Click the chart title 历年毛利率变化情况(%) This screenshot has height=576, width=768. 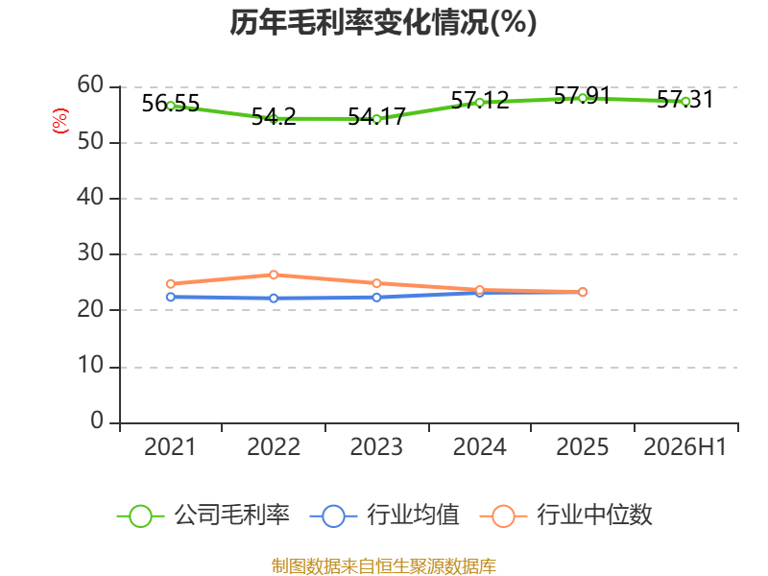[x=383, y=22]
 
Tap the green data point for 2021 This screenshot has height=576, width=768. [x=171, y=106]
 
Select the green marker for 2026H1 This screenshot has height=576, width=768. [x=685, y=102]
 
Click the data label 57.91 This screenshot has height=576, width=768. [x=582, y=95]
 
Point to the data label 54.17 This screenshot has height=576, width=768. [x=376, y=116]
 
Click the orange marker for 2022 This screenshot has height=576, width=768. [x=274, y=275]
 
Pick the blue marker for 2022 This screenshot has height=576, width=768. [x=274, y=299]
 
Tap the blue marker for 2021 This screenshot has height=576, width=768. [x=171, y=297]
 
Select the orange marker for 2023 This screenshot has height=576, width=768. [x=376, y=283]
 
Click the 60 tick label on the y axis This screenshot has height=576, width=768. [x=90, y=85]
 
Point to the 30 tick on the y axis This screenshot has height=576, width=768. [x=90, y=253]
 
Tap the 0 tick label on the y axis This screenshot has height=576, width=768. [x=97, y=420]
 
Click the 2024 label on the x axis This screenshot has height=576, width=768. [x=479, y=447]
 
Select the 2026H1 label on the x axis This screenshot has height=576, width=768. [x=684, y=447]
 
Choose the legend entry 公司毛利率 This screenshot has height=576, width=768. [x=204, y=516]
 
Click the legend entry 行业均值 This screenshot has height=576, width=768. [x=385, y=516]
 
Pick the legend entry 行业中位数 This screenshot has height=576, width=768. [x=565, y=516]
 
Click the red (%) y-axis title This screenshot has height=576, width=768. [x=60, y=121]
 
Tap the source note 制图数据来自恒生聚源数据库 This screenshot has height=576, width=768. [x=384, y=566]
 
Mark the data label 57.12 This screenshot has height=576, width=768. [x=479, y=101]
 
